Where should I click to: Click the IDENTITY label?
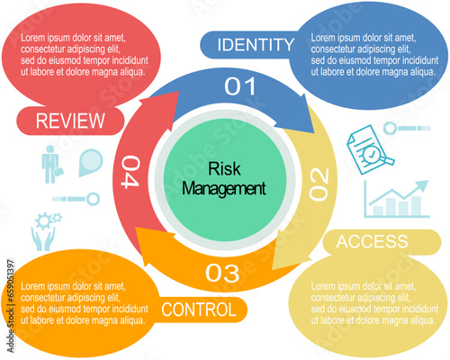[x=256, y=45]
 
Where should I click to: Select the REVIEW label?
[x=70, y=121]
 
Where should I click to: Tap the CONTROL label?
[x=199, y=310]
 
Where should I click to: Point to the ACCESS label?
[x=373, y=241]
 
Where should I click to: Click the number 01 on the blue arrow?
[x=240, y=86]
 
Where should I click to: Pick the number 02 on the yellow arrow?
[x=319, y=184]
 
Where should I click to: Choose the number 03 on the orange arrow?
[x=222, y=273]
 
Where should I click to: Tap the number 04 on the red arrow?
[x=130, y=172]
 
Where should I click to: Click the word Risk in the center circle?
[x=224, y=168]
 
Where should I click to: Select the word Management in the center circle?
[x=224, y=188]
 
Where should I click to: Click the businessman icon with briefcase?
[x=52, y=165]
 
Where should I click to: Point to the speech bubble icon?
[x=91, y=163]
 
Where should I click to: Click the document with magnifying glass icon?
[x=370, y=150]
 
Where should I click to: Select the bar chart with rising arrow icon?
[x=397, y=199]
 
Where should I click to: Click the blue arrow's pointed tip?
[x=314, y=133]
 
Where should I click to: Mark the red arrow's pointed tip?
[x=179, y=92]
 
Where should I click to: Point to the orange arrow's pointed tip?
[x=135, y=227]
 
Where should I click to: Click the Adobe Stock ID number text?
[x=11, y=280]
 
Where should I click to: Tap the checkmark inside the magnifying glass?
[x=372, y=155]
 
